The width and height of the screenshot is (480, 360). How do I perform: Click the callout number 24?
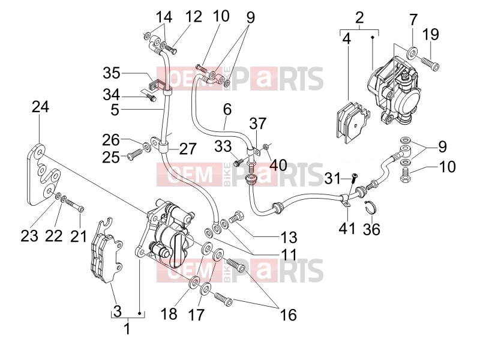point(40,107)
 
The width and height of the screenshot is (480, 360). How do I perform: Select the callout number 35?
point(112,73)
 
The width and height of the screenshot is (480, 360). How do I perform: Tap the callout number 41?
point(347,229)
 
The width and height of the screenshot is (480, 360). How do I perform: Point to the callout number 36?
point(371,229)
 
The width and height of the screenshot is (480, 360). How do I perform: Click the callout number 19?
point(431,34)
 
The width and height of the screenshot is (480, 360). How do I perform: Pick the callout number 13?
point(289,237)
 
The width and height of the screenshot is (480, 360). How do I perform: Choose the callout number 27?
point(187,149)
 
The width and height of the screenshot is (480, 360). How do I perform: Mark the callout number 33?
point(223,146)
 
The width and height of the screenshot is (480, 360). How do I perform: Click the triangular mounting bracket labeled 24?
point(43,175)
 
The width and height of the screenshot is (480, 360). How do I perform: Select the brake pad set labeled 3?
point(106,250)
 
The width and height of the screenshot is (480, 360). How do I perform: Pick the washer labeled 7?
point(412,53)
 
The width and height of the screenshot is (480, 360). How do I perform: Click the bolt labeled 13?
point(236,217)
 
